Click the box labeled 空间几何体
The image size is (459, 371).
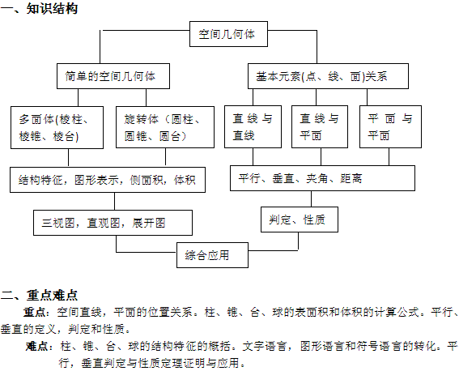pyautogui.click(x=228, y=34)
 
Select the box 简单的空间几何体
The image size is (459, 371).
pyautogui.click(x=113, y=76)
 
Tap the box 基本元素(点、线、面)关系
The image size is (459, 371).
pyautogui.click(x=328, y=76)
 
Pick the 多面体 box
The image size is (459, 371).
pyautogui.click(x=57, y=127)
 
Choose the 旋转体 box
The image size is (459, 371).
pyautogui.click(x=165, y=127)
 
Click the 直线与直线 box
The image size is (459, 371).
pyautogui.click(x=253, y=127)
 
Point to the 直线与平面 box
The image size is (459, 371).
pyautogui.click(x=320, y=127)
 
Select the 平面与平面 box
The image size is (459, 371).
pyautogui.click(x=390, y=127)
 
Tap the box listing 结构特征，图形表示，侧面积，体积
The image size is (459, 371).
pyautogui.click(x=108, y=180)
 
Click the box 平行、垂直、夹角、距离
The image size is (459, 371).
pyautogui.click(x=322, y=178)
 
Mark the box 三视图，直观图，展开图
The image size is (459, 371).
pyautogui.click(x=113, y=223)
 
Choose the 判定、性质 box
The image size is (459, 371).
pyautogui.click(x=300, y=220)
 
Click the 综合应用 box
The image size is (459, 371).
pyautogui.click(x=213, y=255)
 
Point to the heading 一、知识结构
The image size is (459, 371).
pyautogui.click(x=39, y=8)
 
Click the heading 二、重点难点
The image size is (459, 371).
pyautogui.click(x=39, y=295)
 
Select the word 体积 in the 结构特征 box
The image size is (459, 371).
pyautogui.click(x=185, y=180)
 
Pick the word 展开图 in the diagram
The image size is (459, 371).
pyautogui.click(x=149, y=223)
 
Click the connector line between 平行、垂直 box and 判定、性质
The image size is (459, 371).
pyautogui.click(x=311, y=199)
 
